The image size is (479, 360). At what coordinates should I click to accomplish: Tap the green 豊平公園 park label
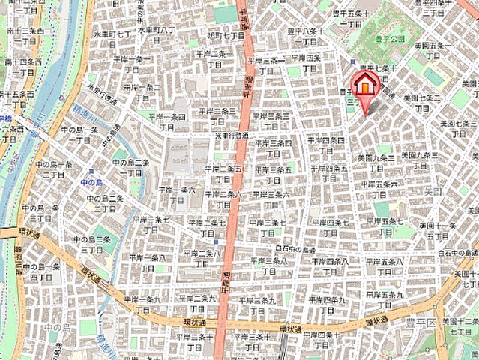(x=391, y=38)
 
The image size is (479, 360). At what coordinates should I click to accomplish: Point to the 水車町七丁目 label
(x=113, y=38)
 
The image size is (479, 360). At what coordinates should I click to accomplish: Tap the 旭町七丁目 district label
(x=226, y=40)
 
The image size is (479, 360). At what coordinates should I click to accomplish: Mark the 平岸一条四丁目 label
(x=166, y=121)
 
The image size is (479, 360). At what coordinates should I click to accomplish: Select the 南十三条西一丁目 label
(x=25, y=36)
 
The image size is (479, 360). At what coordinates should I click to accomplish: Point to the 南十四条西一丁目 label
(x=25, y=66)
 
